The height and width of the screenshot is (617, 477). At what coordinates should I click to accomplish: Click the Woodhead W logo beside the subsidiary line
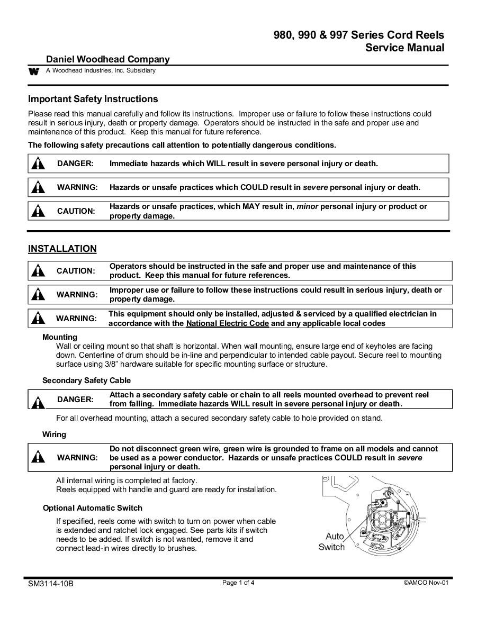[34, 71]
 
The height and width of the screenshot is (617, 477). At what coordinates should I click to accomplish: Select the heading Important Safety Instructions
[93, 99]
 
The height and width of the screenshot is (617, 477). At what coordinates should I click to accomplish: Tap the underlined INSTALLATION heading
[62, 249]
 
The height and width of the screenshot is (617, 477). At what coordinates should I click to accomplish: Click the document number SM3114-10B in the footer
[51, 584]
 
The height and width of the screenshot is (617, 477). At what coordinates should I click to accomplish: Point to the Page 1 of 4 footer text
[238, 583]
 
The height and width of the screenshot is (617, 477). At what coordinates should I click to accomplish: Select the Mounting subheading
[60, 337]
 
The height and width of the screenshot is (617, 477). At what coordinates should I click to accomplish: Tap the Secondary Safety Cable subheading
[86, 380]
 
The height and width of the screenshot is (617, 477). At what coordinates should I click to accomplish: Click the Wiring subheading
[54, 434]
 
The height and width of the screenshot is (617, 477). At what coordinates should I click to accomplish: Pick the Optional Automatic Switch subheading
[92, 508]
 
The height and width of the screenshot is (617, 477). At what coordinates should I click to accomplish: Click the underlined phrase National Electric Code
[228, 323]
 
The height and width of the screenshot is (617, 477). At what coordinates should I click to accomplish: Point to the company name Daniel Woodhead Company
[108, 59]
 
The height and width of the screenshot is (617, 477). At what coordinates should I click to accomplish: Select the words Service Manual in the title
[404, 48]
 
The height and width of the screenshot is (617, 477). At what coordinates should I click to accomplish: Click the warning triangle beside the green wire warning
[38, 457]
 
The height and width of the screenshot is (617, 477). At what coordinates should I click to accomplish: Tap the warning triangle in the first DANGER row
[38, 164]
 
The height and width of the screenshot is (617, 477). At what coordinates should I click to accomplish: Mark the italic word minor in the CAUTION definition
[307, 206]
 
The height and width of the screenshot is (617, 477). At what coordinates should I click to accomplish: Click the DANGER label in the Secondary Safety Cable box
[75, 400]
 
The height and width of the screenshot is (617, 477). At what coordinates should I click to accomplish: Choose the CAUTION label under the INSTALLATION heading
[76, 271]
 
